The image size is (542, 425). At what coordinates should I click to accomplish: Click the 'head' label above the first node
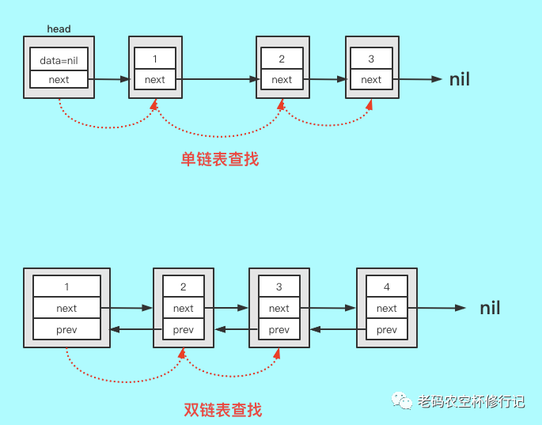coord(59,29)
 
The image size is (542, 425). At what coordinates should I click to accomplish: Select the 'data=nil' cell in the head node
coord(59,59)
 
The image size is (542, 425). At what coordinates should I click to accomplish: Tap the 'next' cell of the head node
coord(59,79)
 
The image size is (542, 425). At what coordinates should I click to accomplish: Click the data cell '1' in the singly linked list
coord(155,59)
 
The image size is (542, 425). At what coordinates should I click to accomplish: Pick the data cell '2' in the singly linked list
coord(282,59)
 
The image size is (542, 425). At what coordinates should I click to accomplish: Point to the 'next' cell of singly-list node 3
coord(371,79)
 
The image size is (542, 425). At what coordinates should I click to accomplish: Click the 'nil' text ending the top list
coord(460,79)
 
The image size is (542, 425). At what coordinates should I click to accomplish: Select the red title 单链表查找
coord(220,159)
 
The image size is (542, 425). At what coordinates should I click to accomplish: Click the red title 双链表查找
coord(222,410)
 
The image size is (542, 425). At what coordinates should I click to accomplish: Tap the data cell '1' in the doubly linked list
coord(66,286)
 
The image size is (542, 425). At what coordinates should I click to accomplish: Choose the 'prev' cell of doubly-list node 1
coord(66,329)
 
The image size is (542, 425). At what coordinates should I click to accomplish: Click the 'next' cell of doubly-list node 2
coord(183,308)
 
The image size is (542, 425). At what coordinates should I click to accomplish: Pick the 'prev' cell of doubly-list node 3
coord(279,329)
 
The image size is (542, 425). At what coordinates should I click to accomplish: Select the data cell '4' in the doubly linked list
coord(386,286)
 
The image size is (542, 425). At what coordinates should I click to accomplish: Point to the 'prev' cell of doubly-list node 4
coord(386,329)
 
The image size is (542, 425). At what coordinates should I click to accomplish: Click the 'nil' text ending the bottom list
coord(490,308)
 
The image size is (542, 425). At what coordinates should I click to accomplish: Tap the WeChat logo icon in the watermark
coord(402,400)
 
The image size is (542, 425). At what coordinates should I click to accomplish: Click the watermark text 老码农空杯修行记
coord(471,401)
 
